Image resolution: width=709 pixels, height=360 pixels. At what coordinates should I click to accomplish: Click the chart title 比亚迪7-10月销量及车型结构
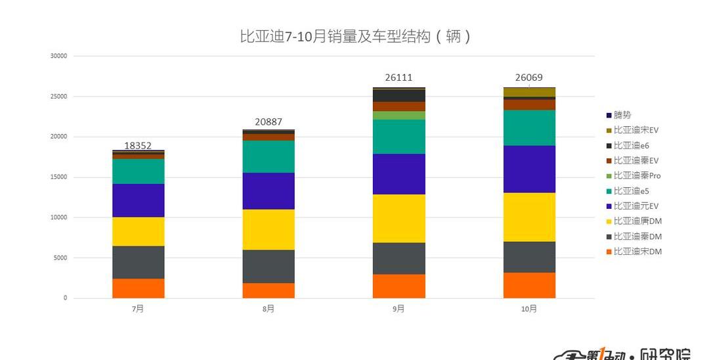(355, 36)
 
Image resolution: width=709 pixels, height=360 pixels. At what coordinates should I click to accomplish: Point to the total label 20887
(269, 122)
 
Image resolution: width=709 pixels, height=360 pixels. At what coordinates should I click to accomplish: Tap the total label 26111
(398, 78)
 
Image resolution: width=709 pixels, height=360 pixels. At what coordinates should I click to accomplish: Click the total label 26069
(528, 78)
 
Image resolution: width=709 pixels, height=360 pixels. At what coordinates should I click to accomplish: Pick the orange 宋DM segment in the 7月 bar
(138, 288)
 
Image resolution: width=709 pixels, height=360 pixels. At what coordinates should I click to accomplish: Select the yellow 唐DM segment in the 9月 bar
(398, 218)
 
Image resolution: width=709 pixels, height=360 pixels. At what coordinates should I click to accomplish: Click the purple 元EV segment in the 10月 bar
(528, 169)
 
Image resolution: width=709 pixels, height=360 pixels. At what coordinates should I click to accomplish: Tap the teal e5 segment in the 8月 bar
(269, 156)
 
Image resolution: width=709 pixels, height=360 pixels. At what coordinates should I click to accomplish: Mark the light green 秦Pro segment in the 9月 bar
(398, 115)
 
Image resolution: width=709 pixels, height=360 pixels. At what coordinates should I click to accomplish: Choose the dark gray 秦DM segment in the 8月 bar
(269, 266)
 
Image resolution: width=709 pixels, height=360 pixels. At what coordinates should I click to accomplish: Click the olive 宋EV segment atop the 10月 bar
(528, 92)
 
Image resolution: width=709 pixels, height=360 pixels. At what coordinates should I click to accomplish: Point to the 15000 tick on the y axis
(59, 177)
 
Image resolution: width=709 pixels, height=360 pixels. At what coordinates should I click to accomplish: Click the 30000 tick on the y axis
(59, 56)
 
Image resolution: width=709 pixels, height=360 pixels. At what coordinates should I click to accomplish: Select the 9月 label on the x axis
(398, 309)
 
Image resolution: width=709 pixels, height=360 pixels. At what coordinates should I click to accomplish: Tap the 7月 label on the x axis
(138, 309)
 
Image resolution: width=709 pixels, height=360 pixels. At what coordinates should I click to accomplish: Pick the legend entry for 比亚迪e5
(631, 191)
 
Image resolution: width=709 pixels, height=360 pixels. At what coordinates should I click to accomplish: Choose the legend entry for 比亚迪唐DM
(637, 221)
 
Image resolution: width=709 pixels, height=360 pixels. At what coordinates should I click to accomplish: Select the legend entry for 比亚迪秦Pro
(637, 176)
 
